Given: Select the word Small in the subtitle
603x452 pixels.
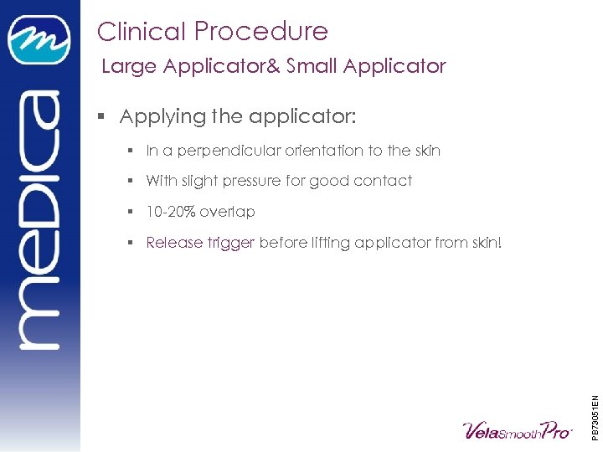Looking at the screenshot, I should (315, 66).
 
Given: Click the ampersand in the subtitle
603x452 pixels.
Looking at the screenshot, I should (273, 66).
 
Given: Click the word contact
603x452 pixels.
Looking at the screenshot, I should (384, 181).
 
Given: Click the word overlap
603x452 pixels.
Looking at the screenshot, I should (227, 212).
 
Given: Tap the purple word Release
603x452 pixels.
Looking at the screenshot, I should (174, 243).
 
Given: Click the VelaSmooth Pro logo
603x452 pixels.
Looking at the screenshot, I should (518, 430).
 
